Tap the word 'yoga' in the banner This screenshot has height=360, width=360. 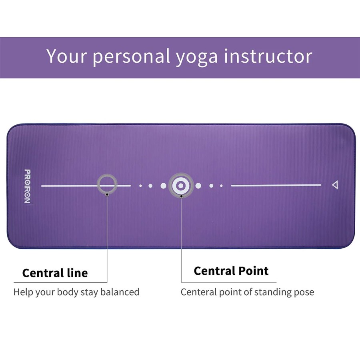197,57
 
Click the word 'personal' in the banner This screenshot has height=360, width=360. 131,57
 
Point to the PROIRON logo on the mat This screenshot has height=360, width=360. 27,186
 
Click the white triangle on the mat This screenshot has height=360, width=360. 335,185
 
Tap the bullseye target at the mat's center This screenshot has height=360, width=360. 181,186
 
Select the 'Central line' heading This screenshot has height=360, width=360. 55,273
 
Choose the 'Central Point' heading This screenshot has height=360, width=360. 231,271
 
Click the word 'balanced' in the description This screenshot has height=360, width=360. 120,292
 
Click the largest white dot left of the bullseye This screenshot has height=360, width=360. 163,186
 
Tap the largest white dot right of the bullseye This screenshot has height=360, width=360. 198,186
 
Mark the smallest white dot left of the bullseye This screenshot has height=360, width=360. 140,186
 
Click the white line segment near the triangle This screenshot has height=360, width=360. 276,185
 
